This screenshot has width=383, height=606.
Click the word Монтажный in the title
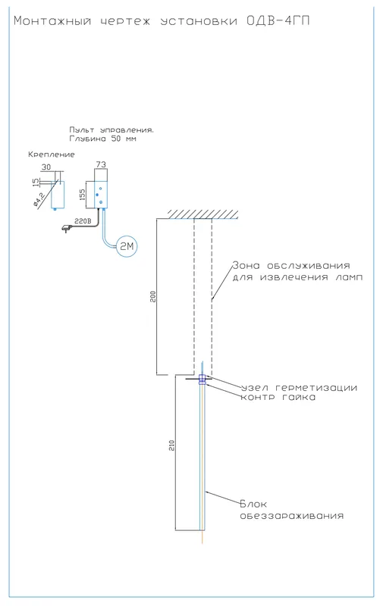52,20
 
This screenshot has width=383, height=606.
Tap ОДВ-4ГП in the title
278,20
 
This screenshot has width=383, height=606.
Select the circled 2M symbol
127,246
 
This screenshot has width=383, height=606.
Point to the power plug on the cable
66,230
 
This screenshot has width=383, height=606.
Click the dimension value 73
101,164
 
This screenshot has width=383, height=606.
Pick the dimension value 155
82,195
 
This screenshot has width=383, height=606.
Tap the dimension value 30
46,167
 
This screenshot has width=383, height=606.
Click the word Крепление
52,155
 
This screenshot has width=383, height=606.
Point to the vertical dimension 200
152,296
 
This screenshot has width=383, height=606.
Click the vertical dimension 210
172,445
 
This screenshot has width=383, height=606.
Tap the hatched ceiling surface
203,214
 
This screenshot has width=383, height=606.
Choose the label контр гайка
278,397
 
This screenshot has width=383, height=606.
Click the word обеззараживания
292,516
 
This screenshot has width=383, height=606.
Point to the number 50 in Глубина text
116,139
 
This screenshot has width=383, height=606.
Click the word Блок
253,504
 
